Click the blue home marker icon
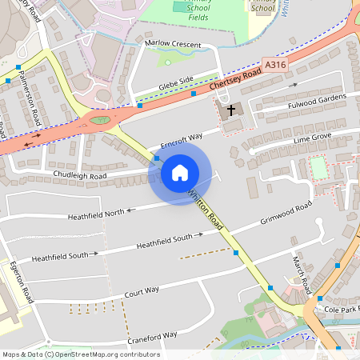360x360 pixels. (x=180, y=172)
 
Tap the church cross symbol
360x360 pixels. (x=232, y=110)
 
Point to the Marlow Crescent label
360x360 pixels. (x=173, y=45)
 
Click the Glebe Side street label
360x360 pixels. (x=175, y=81)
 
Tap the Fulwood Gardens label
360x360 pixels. (x=318, y=102)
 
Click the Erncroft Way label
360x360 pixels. (x=182, y=141)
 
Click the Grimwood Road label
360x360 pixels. (x=286, y=214)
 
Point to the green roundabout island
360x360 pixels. (x=99, y=121)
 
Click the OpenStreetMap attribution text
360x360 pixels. (x=80, y=354)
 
